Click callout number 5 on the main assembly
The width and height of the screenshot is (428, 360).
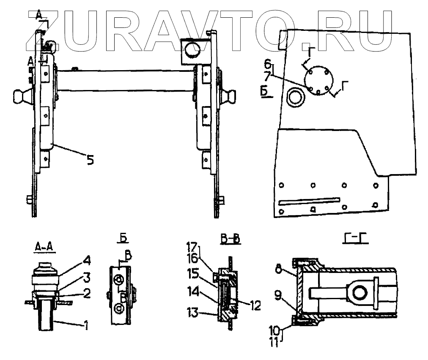(90, 159)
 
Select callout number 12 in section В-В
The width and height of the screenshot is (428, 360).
(255, 305)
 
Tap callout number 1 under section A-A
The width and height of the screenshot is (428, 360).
(86, 325)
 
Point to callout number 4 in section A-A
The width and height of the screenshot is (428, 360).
(87, 261)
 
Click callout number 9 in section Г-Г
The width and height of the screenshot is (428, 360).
(278, 295)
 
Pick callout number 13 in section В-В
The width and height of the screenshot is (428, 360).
(193, 313)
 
